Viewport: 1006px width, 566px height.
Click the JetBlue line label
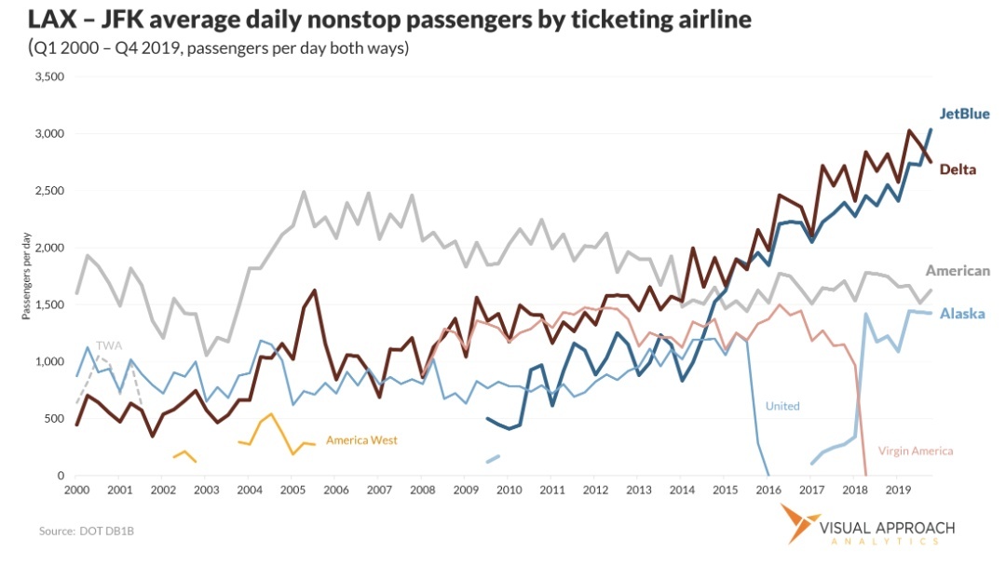click(964, 114)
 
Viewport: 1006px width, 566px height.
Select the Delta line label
click(958, 168)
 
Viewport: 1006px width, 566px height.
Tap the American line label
click(957, 271)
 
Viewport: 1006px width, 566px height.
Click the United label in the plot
click(782, 406)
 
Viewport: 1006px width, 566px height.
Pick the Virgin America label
click(916, 451)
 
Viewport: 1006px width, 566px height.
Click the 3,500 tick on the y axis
click(48, 76)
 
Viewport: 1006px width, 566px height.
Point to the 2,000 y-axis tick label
click(48, 248)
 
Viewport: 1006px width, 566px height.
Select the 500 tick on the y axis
click(54, 419)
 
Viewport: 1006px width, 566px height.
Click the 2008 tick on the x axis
click(422, 489)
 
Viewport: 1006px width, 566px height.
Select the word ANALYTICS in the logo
click(887, 541)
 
